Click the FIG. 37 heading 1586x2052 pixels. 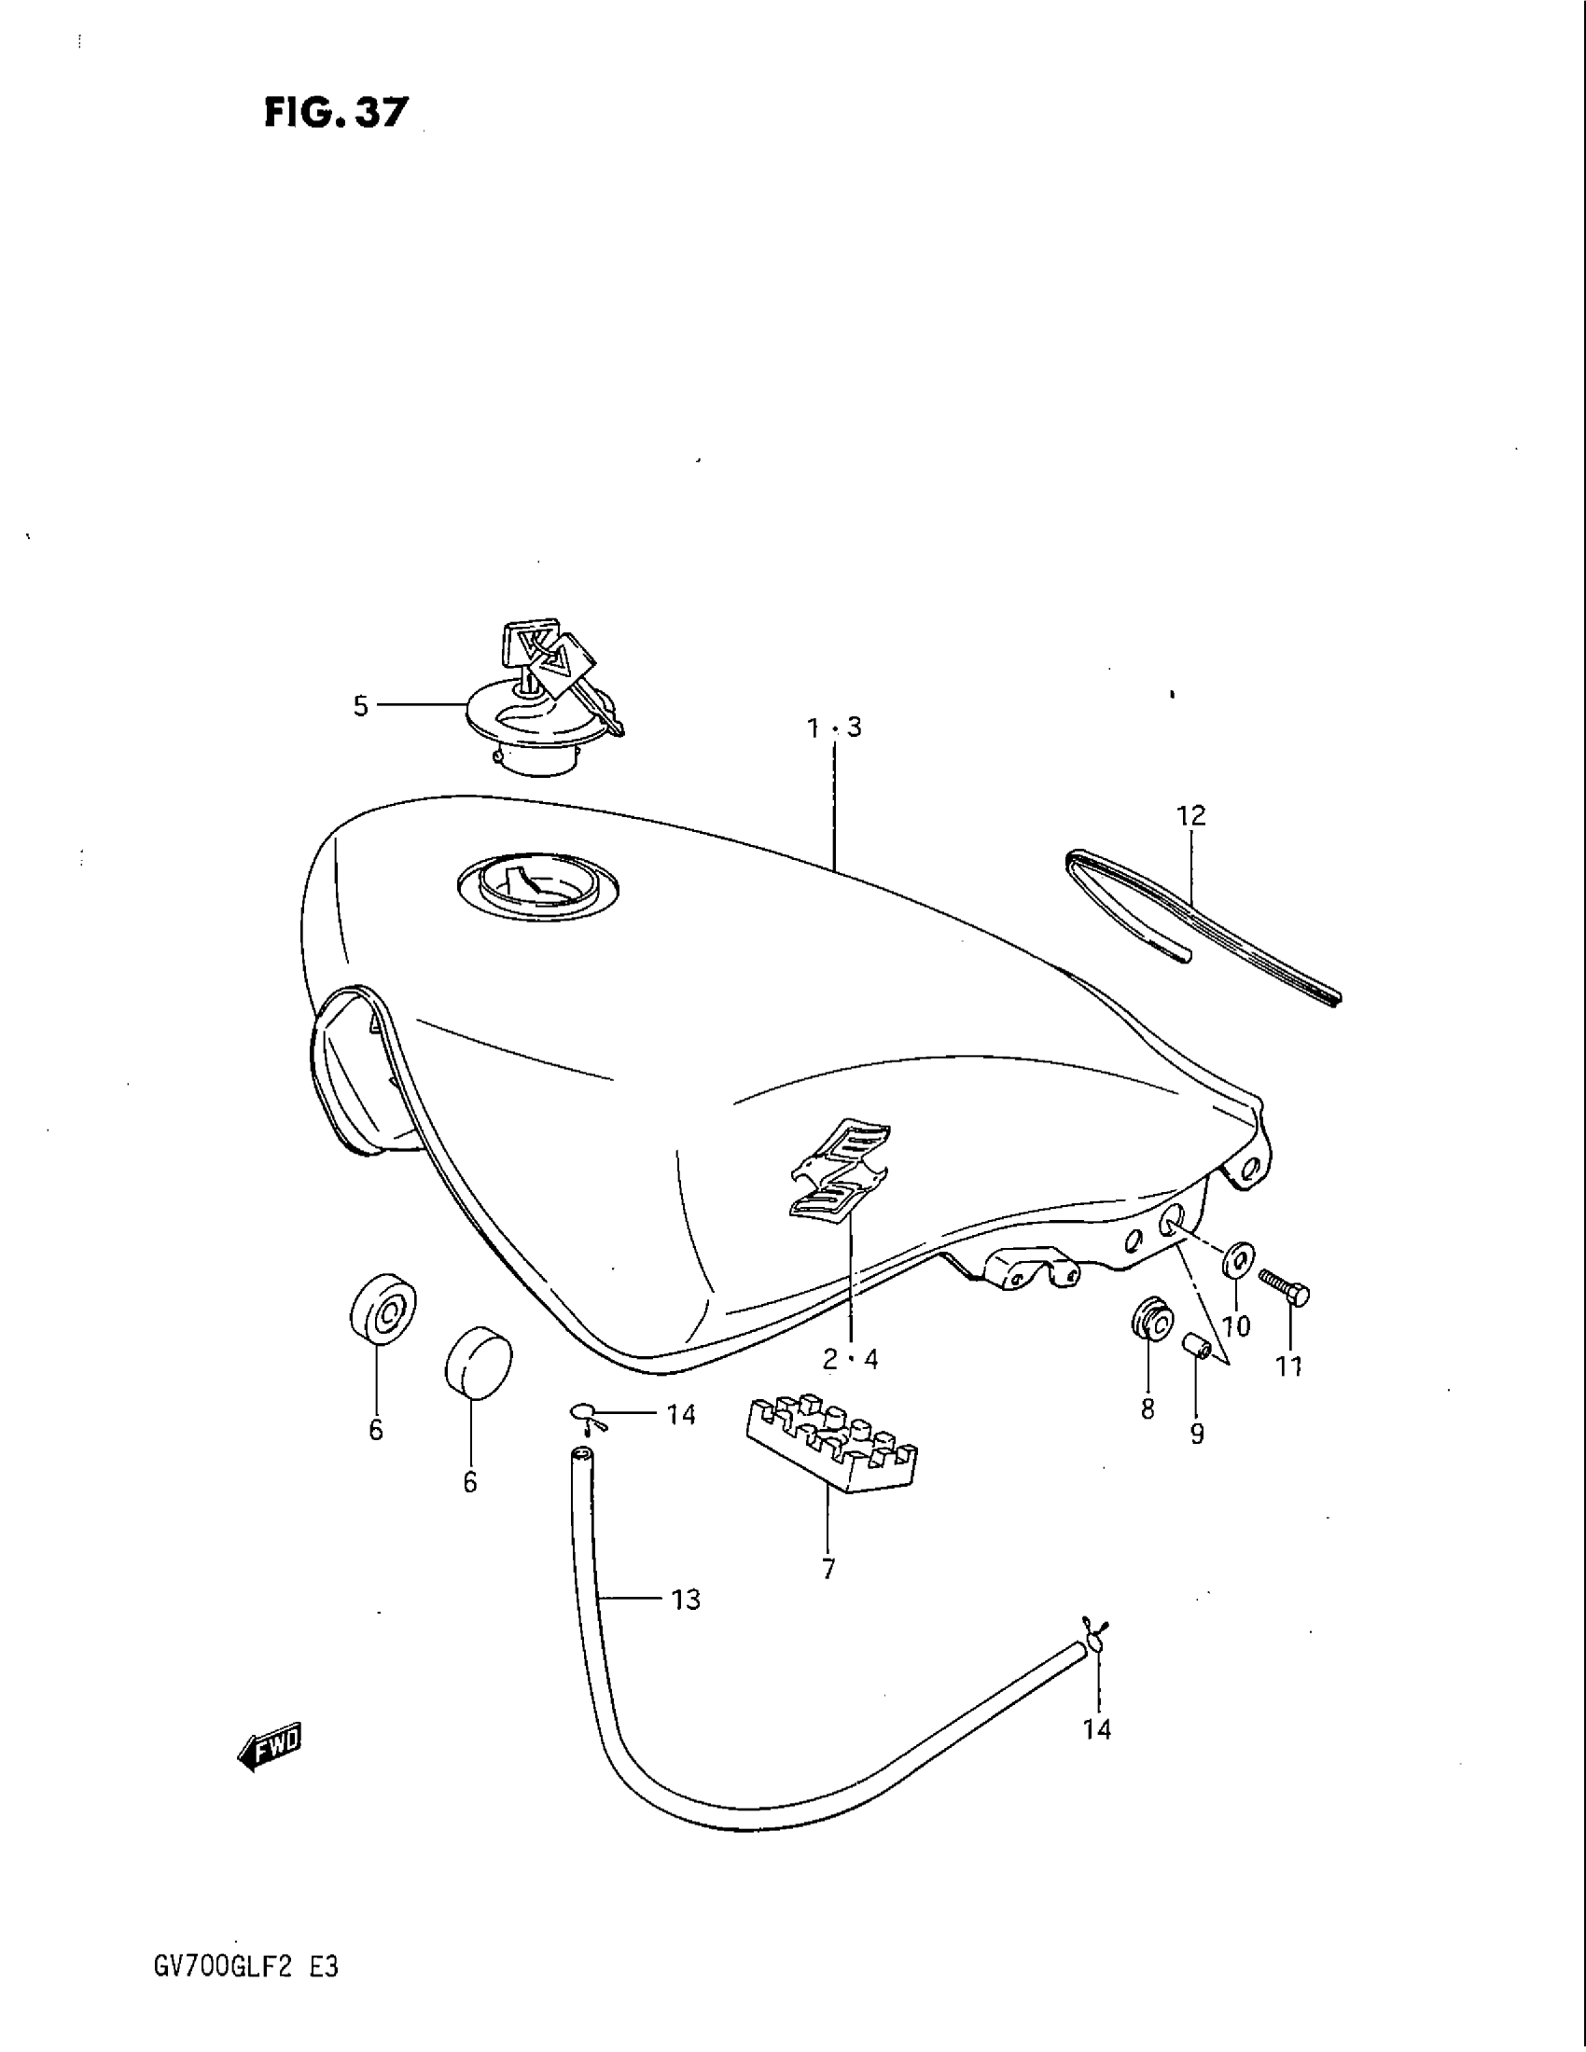(337, 113)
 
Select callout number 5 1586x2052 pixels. (361, 707)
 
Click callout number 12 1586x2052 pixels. (1190, 815)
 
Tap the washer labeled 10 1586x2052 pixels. (1239, 1258)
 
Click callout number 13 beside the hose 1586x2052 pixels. (686, 1599)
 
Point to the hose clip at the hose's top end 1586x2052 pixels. (589, 1416)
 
